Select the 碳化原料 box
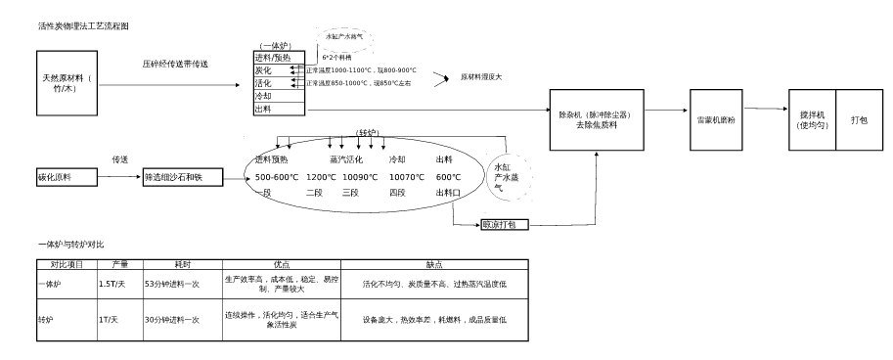click(67, 177)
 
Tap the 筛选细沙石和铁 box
click(183, 177)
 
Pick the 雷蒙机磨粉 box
click(717, 119)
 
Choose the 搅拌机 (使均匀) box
click(812, 119)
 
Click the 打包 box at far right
click(859, 119)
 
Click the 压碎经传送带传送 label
click(175, 64)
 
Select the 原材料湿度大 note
click(481, 76)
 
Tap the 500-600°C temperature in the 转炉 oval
click(277, 177)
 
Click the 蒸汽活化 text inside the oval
click(346, 158)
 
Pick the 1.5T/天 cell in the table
click(112, 284)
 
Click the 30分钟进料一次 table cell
click(172, 319)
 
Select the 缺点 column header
click(434, 264)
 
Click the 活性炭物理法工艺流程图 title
click(83, 24)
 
